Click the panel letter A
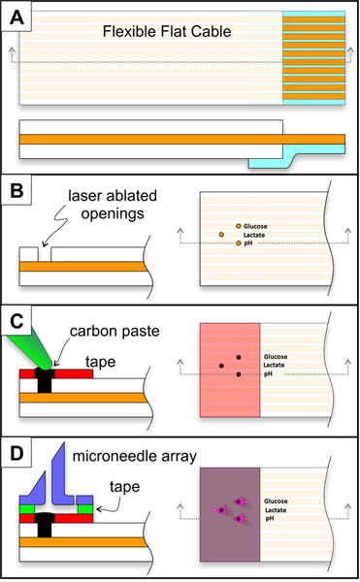click(x=16, y=16)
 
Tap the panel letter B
click(x=16, y=191)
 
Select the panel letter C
click(x=16, y=321)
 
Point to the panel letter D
click(x=16, y=453)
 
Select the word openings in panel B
click(x=113, y=214)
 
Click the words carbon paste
click(x=115, y=332)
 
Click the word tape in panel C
click(x=101, y=362)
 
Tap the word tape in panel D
click(x=125, y=487)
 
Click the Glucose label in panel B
click(x=255, y=226)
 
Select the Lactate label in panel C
click(x=274, y=366)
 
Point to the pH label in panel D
click(x=270, y=518)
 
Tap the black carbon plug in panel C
click(x=45, y=379)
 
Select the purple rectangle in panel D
click(x=230, y=514)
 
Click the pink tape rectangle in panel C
click(x=230, y=371)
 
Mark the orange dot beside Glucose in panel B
click(x=239, y=226)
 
